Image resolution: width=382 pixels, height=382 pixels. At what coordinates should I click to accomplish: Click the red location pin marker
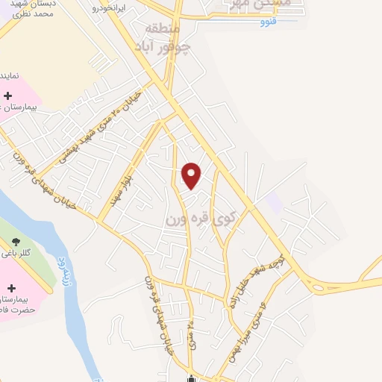tap(192, 175)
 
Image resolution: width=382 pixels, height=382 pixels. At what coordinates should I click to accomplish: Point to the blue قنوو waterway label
tap(268, 21)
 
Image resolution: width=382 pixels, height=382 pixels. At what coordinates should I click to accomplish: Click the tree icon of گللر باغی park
tap(16, 239)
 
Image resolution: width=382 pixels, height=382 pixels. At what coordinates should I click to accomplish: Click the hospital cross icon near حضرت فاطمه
tap(12, 287)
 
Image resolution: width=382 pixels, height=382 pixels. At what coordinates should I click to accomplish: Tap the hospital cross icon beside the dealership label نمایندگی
tap(8, 95)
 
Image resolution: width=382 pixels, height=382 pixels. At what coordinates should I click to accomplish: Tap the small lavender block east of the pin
tap(275, 200)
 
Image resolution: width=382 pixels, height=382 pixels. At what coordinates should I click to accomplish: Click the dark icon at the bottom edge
tap(192, 378)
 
